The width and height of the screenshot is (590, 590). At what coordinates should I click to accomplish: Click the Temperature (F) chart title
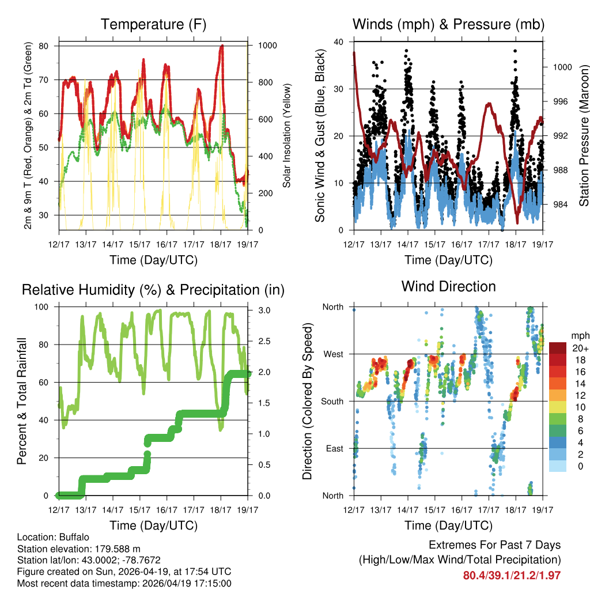153,24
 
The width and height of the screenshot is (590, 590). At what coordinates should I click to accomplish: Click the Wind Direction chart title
448,286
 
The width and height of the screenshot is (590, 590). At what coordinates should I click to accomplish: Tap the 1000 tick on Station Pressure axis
562,67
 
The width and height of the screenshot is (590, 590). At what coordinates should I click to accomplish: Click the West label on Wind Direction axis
333,354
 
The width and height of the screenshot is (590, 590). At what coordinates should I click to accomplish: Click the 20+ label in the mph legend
580,348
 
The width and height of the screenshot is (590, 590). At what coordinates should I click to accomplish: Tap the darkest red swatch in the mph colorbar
558,348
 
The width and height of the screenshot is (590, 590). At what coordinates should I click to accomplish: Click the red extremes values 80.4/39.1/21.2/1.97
512,575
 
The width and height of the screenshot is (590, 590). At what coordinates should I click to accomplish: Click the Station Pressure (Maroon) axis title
583,136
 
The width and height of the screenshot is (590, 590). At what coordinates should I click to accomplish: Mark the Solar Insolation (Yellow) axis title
286,136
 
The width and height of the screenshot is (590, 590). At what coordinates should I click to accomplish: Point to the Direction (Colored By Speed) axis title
308,401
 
